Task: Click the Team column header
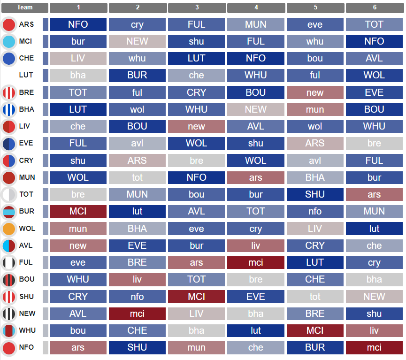(x=25, y=8)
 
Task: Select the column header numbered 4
(x=256, y=8)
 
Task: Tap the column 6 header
(x=374, y=8)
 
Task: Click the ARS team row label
(x=26, y=25)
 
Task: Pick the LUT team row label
(x=26, y=76)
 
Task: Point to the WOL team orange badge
(x=9, y=229)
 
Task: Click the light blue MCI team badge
(x=9, y=42)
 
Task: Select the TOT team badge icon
(x=9, y=195)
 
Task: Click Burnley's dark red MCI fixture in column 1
(x=78, y=212)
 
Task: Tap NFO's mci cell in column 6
(x=374, y=348)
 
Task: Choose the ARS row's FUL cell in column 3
(x=197, y=25)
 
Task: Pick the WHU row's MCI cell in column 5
(x=315, y=331)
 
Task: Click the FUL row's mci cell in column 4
(x=256, y=263)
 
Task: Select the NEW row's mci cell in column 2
(x=137, y=314)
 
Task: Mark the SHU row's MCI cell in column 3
(x=197, y=297)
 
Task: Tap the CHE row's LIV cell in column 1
(x=78, y=59)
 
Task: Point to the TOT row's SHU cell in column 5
(x=315, y=195)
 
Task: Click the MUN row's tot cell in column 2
(x=137, y=178)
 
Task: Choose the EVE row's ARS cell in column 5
(x=315, y=144)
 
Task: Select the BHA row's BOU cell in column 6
(x=374, y=110)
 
